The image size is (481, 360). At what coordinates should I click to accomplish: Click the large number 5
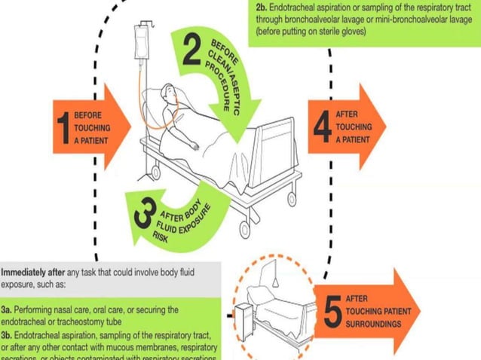click(331, 313)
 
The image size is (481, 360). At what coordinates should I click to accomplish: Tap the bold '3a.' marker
click(8, 310)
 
